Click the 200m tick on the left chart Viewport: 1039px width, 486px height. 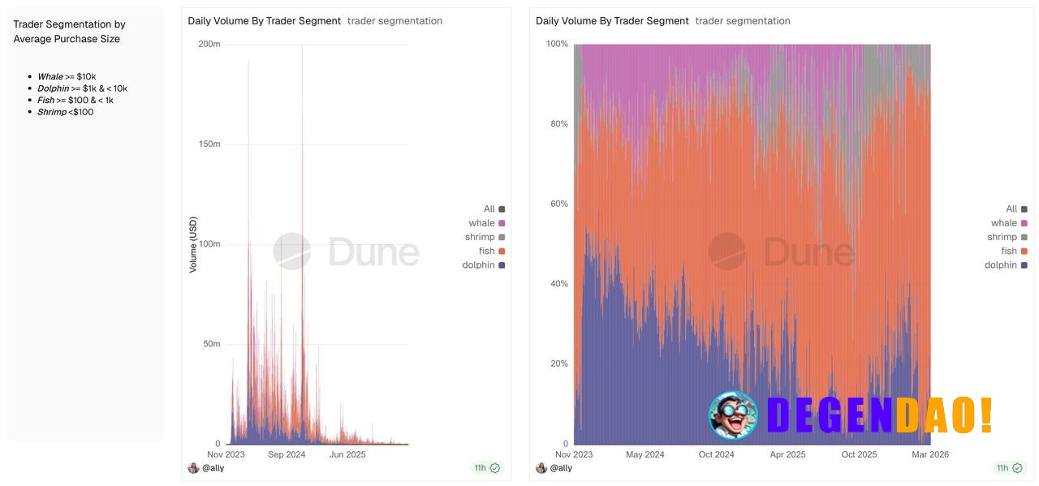tap(209, 44)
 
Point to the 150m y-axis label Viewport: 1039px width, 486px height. tap(209, 144)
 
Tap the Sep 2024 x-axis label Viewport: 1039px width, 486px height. tap(286, 454)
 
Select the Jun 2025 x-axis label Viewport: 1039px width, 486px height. tap(347, 454)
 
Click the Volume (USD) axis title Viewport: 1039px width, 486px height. tap(193, 243)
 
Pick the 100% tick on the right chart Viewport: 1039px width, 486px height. tap(557, 44)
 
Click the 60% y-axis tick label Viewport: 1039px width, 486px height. tap(558, 204)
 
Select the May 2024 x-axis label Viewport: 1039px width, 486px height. tap(645, 454)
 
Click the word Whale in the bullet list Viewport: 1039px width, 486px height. tap(50, 77)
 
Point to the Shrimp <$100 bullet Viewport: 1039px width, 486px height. tap(65, 112)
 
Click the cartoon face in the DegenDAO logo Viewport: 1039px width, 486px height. tap(732, 415)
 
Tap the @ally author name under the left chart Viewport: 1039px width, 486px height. tap(213, 468)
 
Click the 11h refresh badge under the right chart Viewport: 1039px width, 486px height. tap(1007, 468)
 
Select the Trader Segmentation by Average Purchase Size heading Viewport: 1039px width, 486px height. tap(69, 32)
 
